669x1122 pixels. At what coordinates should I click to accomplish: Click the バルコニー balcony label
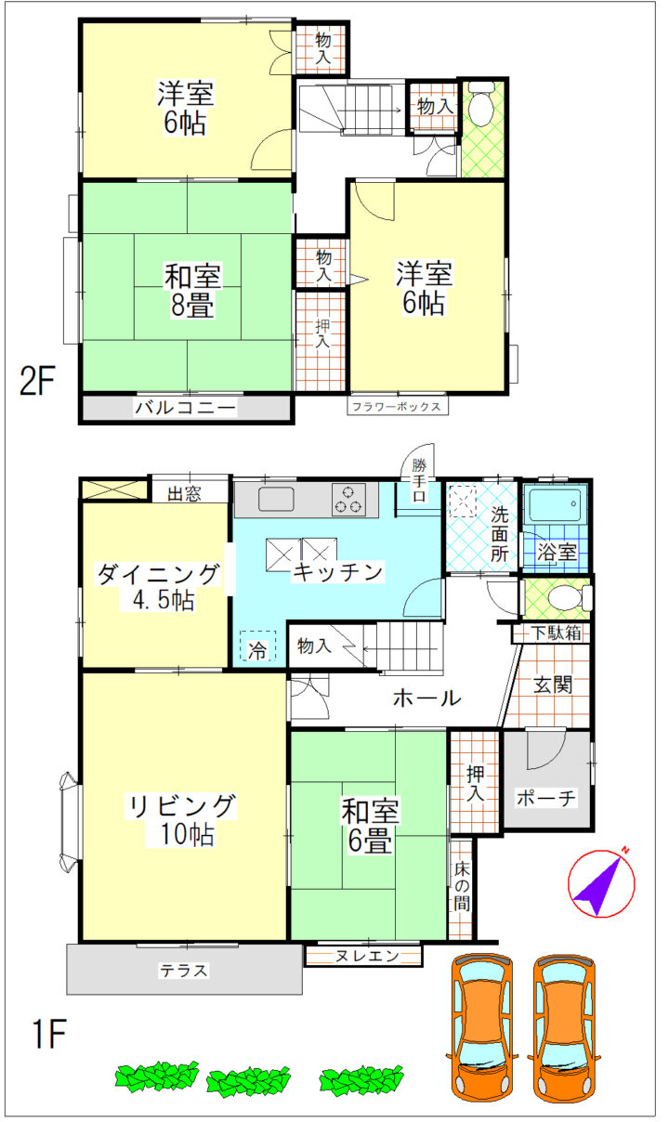coord(186,407)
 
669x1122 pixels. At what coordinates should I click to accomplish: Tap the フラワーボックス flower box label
coord(397,406)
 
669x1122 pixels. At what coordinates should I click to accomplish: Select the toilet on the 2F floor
coord(481,104)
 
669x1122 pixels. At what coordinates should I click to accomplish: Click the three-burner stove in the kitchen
coord(348,500)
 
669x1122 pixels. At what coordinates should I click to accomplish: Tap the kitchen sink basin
coord(276,499)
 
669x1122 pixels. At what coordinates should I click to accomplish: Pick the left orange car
coord(480,1027)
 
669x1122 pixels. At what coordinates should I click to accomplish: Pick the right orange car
coord(563,1027)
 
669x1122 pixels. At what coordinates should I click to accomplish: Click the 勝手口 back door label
coord(420,480)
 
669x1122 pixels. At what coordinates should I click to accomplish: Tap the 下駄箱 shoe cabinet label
coord(557,633)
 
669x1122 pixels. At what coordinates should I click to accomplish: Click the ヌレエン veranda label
coord(367,956)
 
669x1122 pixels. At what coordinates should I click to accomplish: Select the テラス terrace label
coord(183,971)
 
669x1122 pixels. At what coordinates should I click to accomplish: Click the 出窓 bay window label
coord(184,494)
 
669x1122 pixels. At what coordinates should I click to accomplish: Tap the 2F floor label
coord(36,381)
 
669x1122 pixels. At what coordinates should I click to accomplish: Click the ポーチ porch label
coord(546,798)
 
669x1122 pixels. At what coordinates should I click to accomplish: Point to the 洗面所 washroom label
coord(499,534)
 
